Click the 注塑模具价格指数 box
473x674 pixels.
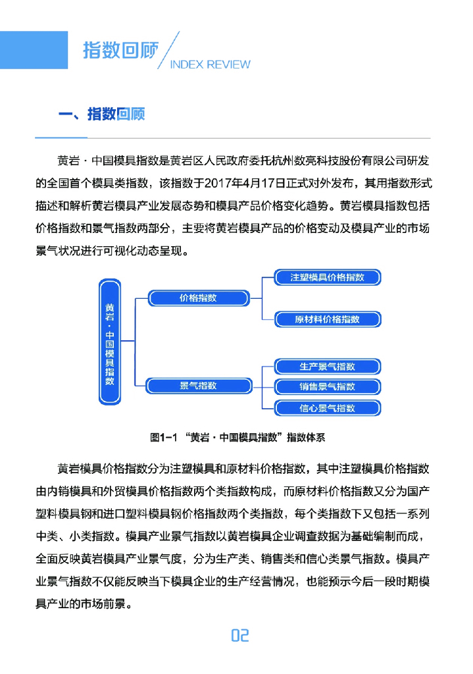pyautogui.click(x=327, y=278)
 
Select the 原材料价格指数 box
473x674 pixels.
pyautogui.click(x=327, y=319)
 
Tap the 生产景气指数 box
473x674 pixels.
pyautogui.click(x=327, y=367)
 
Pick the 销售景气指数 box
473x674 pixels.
pyautogui.click(x=327, y=386)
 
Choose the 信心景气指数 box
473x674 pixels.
pyautogui.click(x=327, y=408)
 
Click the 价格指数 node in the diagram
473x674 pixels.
pyautogui.click(x=198, y=298)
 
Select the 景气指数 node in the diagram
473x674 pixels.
pyautogui.click(x=198, y=386)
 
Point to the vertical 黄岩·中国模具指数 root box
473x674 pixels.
pyautogui.click(x=109, y=342)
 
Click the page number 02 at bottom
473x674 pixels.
pyautogui.click(x=239, y=635)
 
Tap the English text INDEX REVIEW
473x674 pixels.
pyautogui.click(x=210, y=65)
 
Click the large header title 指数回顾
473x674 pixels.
pyautogui.click(x=120, y=50)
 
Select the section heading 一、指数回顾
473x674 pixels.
pyautogui.click(x=101, y=115)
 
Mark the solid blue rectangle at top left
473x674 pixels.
pyautogui.click(x=34, y=50)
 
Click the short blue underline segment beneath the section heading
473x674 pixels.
pyautogui.click(x=61, y=138)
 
